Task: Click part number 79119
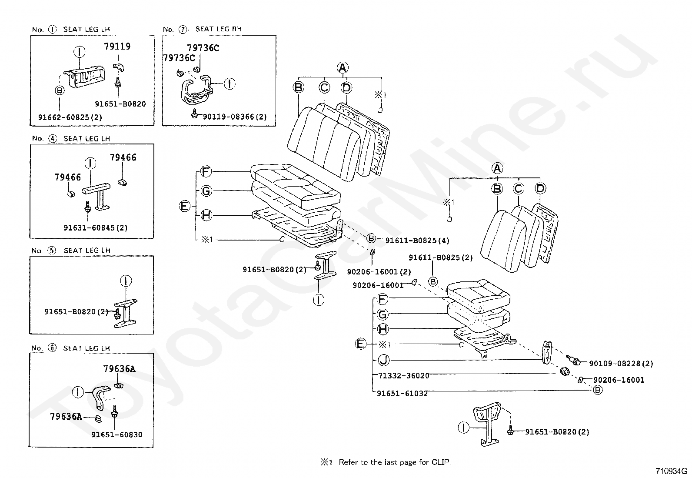(x=117, y=47)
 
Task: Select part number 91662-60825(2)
(x=70, y=117)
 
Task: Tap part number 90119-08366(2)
(x=235, y=117)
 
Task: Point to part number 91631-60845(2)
(x=96, y=228)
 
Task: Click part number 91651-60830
(x=117, y=435)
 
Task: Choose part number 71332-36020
(x=404, y=376)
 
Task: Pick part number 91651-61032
(x=402, y=393)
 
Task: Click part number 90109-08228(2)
(x=621, y=364)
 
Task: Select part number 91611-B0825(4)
(x=417, y=241)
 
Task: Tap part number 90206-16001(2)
(x=379, y=272)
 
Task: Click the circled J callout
(x=383, y=360)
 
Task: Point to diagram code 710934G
(x=671, y=471)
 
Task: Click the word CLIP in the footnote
(x=441, y=462)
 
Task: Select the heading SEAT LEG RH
(x=218, y=29)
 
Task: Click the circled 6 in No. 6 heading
(x=52, y=348)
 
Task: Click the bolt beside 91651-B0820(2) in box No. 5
(x=117, y=314)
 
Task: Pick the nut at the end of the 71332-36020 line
(x=565, y=371)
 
